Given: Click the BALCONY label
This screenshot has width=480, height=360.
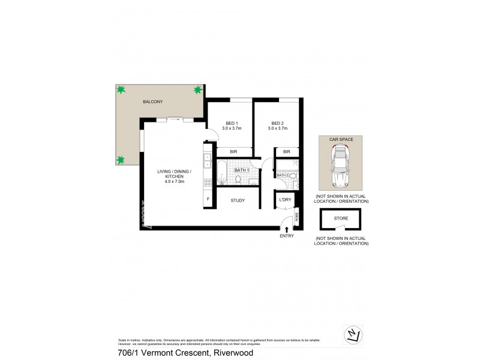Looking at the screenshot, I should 152,103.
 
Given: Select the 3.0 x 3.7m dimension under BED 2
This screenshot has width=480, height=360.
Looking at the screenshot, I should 278,128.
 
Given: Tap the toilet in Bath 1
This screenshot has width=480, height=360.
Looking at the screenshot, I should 238,179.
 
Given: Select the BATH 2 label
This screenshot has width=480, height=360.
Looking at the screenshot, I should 283,175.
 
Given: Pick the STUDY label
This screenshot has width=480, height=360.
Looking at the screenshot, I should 238,200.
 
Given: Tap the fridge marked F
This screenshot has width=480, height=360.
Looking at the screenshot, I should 208,199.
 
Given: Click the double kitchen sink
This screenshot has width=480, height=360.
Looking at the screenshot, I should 207,160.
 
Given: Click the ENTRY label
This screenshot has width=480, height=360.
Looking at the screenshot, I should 287,236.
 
